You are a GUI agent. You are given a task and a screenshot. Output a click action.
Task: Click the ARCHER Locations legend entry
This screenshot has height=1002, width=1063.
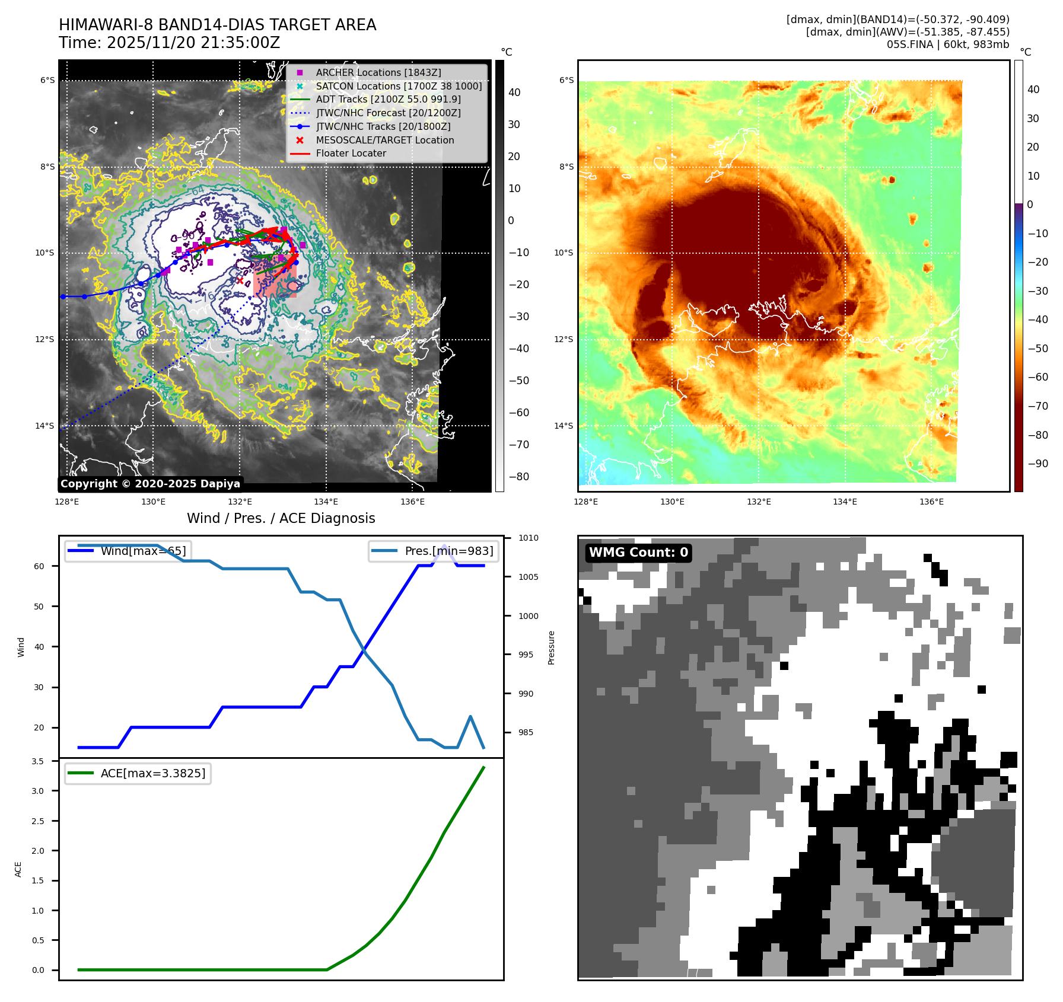point(378,72)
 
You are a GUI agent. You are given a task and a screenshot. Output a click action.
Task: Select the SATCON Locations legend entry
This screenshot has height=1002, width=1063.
point(399,86)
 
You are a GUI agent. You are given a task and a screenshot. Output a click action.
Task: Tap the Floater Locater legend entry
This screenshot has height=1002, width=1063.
point(351,153)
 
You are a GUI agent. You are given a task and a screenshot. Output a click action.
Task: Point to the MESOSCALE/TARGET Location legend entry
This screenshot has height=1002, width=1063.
point(384,140)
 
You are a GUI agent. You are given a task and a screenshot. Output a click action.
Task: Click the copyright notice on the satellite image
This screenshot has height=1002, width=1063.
point(150,484)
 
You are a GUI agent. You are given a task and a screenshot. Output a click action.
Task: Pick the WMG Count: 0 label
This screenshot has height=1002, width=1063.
point(638,553)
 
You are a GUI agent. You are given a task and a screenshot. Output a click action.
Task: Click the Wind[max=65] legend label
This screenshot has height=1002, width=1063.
point(143,551)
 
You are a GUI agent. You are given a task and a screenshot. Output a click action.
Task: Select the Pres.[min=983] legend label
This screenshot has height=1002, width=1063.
point(448,551)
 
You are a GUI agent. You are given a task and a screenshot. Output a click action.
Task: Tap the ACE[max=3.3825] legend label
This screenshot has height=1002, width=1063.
point(153,773)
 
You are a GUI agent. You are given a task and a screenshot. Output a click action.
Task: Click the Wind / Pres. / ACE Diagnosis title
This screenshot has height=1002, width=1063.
point(281,518)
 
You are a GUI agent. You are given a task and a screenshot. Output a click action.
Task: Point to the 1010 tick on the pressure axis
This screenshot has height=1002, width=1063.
point(528,538)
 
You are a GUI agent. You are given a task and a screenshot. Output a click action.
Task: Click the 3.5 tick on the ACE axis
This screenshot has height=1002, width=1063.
point(37,761)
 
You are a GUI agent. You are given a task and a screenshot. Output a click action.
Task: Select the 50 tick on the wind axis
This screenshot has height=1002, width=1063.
point(39,607)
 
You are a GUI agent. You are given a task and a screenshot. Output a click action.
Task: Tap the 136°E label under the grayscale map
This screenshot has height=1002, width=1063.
point(412,502)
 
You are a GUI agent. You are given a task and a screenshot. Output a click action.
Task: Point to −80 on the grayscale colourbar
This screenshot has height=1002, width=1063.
point(518,477)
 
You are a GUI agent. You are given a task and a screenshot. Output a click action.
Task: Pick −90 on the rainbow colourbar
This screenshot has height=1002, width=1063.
point(1037,464)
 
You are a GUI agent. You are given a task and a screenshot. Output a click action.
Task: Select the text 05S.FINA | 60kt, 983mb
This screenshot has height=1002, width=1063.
point(947,44)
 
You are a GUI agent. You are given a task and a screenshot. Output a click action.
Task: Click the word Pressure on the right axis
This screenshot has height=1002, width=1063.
point(551,647)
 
